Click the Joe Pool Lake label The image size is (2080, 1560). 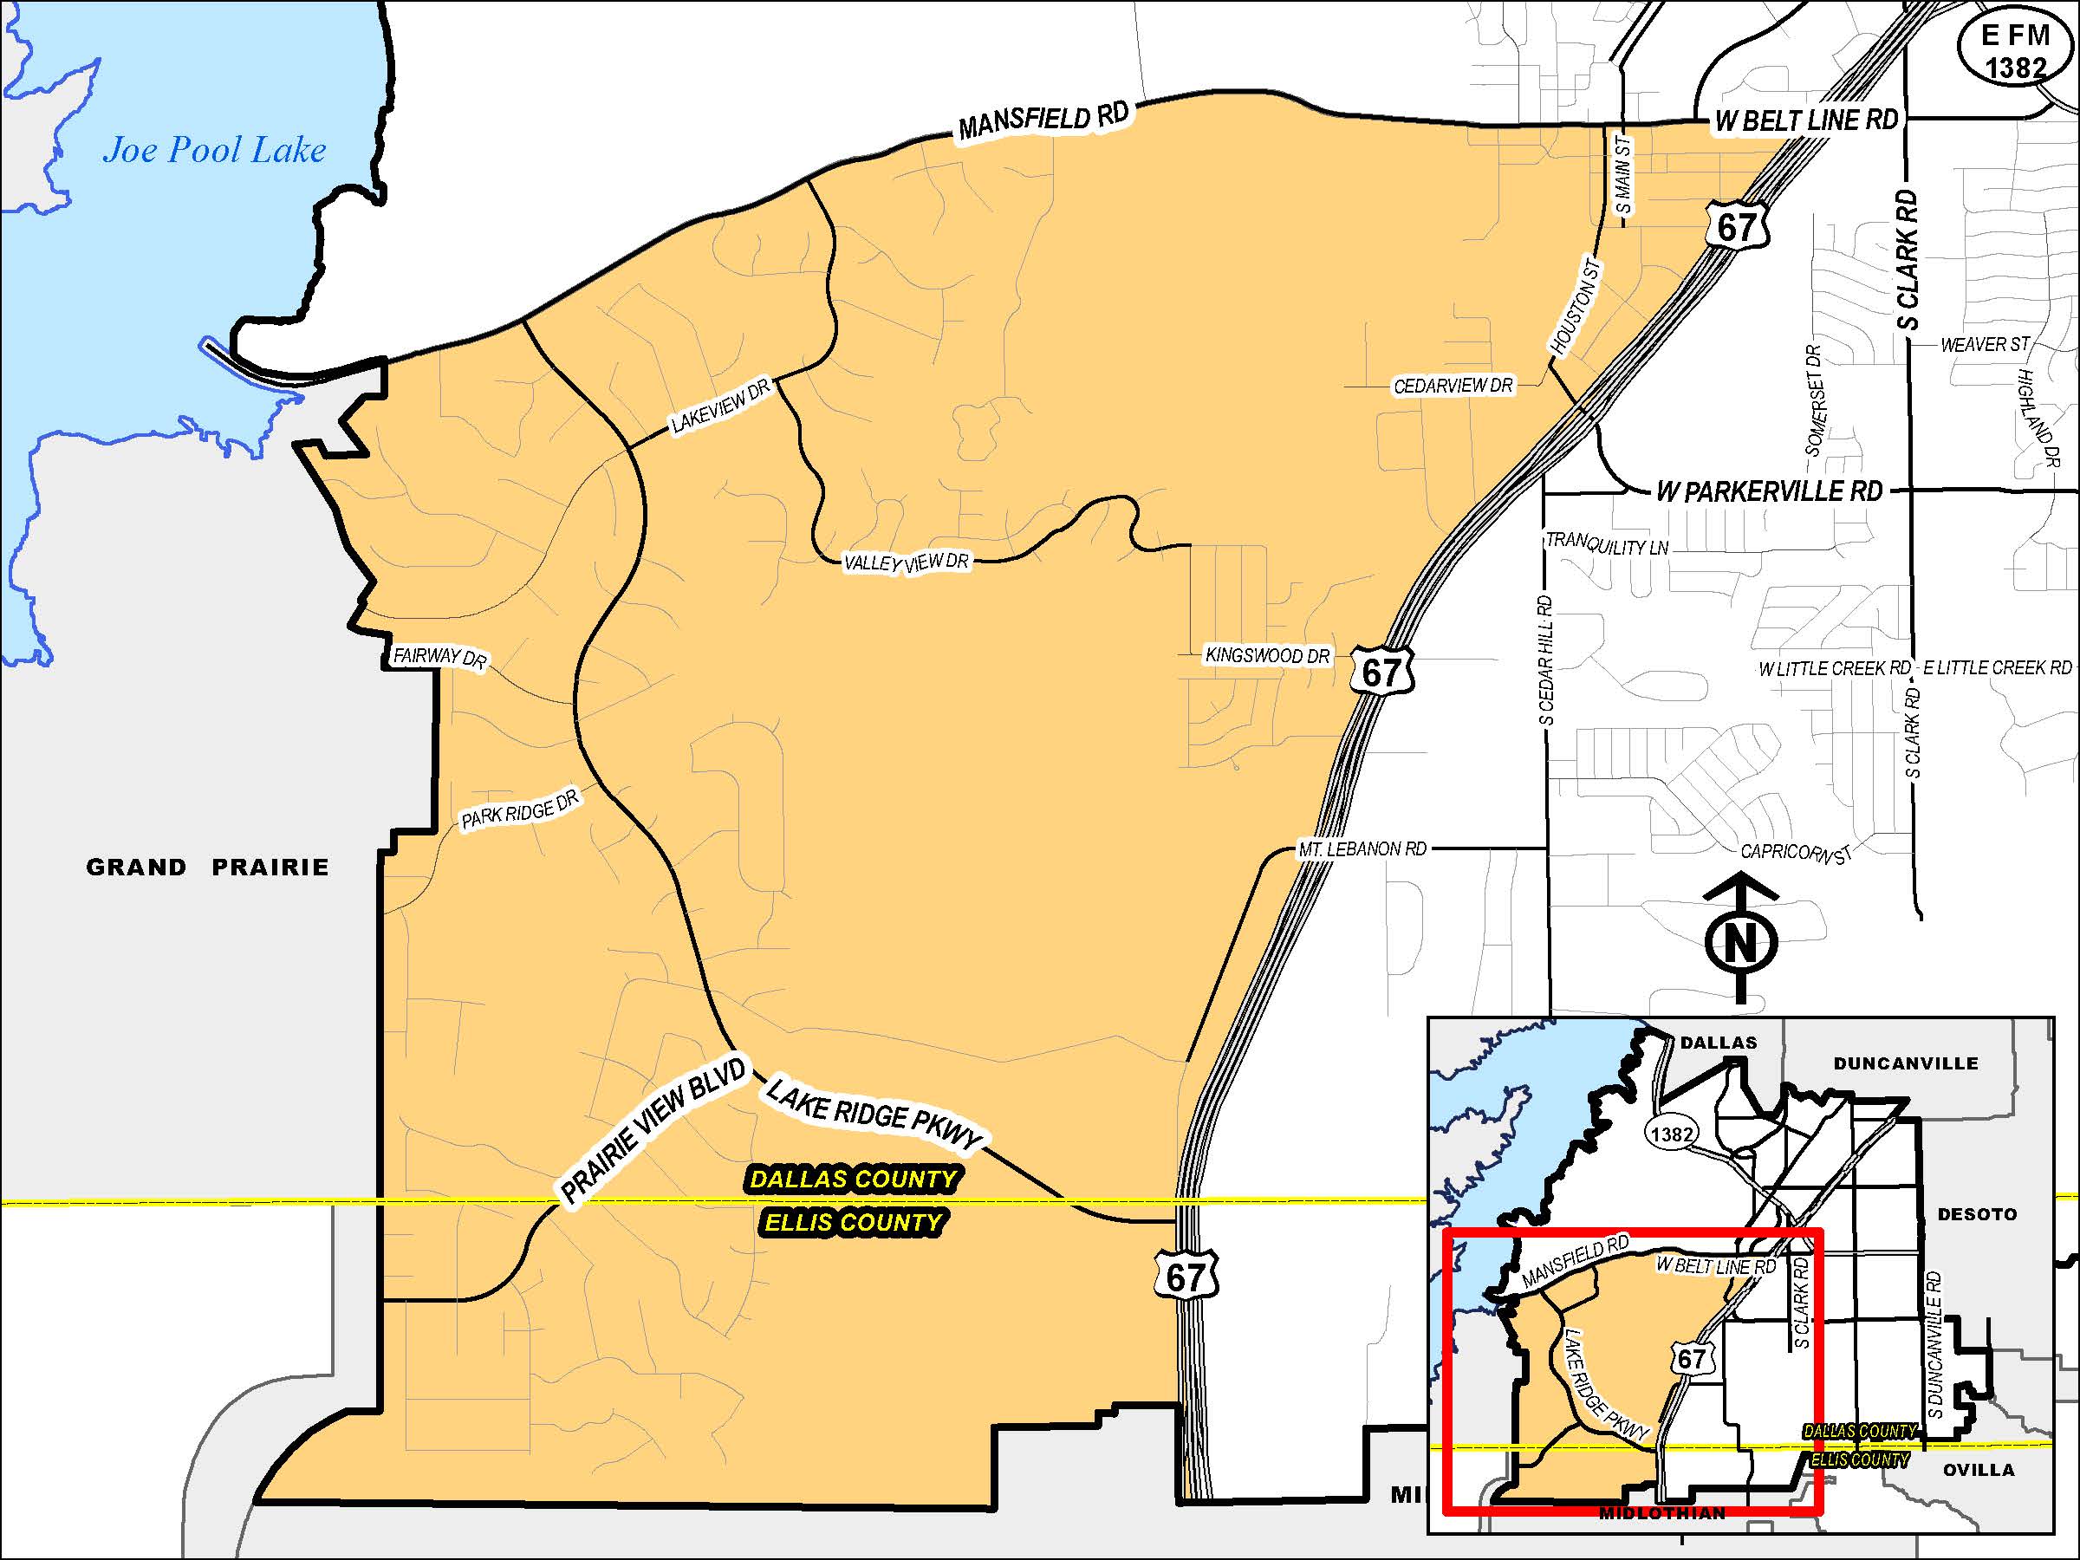(214, 151)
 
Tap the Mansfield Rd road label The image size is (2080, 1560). (1043, 121)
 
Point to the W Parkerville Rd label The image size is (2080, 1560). (1769, 491)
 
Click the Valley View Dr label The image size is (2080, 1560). (906, 563)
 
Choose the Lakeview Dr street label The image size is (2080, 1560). (720, 406)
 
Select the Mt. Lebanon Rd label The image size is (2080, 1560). (1362, 849)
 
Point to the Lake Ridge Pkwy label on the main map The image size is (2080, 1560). (874, 1115)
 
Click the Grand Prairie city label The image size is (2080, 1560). (208, 867)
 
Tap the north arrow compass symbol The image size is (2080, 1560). (1740, 940)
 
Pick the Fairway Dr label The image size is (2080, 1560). (439, 656)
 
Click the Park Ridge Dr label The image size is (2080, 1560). (519, 809)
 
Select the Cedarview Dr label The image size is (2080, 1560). (1453, 386)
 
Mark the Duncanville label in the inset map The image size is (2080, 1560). (1905, 1063)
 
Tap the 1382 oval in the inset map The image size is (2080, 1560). (1671, 1134)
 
